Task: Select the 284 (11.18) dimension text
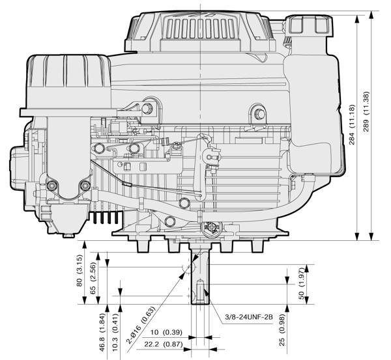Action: [x=352, y=124]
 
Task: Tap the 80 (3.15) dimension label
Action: [x=80, y=271]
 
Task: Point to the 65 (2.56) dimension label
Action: [x=93, y=278]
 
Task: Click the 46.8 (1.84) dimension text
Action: [x=102, y=333]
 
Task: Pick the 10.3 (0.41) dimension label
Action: [x=115, y=333]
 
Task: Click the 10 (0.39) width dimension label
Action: [x=166, y=333]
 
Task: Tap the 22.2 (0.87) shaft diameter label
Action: [x=164, y=344]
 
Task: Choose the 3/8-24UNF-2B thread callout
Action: [x=249, y=317]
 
